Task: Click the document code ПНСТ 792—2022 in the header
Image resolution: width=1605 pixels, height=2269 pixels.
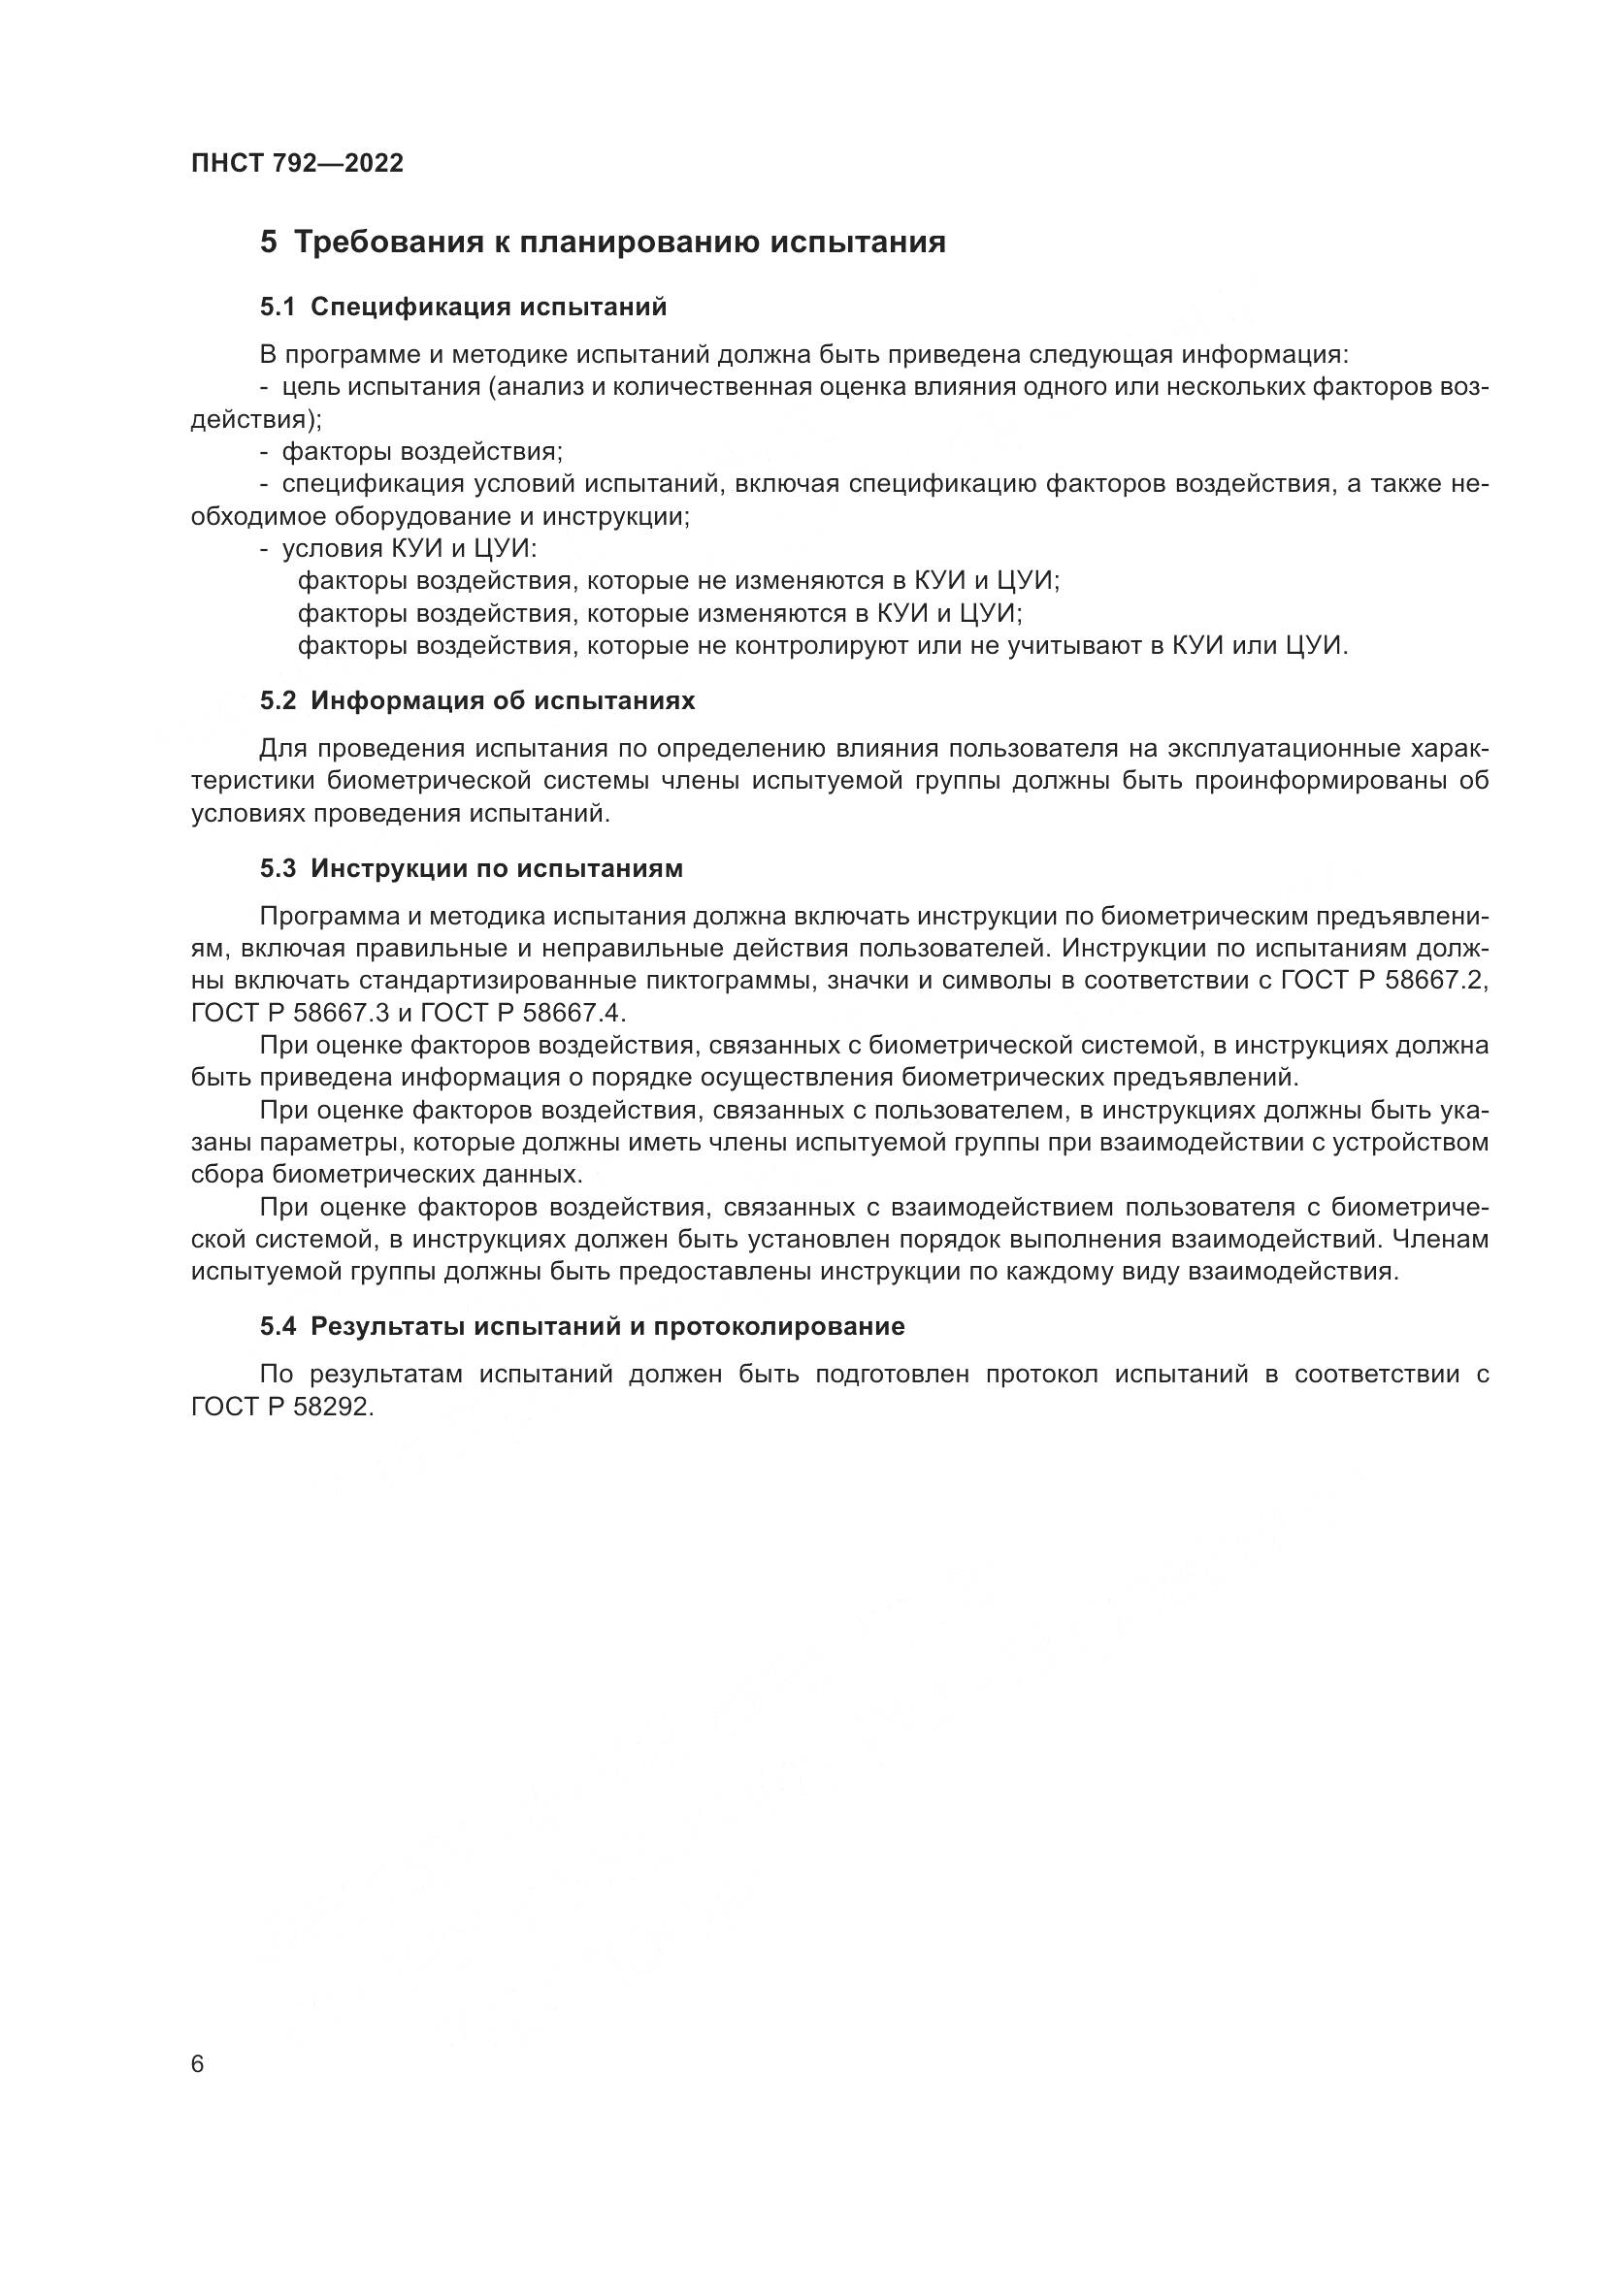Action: [x=298, y=164]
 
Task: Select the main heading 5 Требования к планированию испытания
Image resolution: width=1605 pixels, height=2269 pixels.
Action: [x=603, y=243]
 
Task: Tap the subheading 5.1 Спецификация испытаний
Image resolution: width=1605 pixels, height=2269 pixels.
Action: [x=464, y=308]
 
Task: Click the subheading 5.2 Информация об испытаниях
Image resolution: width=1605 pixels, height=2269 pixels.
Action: [x=477, y=700]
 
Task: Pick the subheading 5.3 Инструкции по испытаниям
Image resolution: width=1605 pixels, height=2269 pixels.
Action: [x=472, y=868]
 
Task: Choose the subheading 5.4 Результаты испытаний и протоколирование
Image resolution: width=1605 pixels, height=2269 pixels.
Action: [x=582, y=1326]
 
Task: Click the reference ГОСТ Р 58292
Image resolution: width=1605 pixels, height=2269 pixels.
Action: [x=281, y=1408]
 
